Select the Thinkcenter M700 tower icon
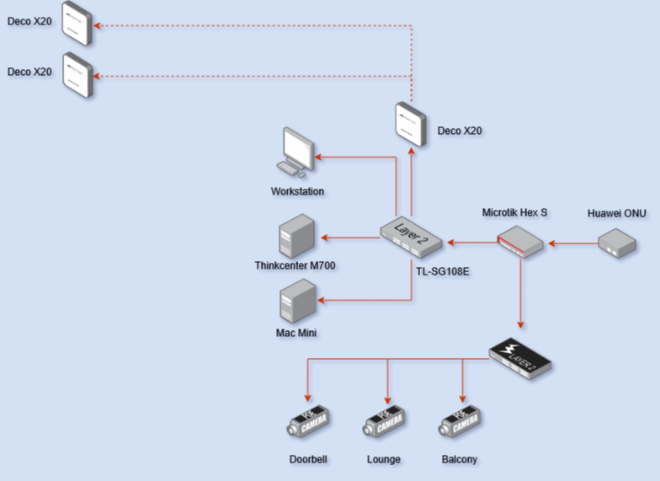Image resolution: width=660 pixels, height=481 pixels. [x=297, y=236]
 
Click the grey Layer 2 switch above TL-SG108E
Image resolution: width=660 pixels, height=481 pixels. [x=411, y=234]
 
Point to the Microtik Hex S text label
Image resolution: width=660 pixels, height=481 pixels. [x=514, y=212]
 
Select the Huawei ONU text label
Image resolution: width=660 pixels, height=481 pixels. [x=617, y=213]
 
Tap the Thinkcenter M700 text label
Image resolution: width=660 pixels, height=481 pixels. [x=294, y=266]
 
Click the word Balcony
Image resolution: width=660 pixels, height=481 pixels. [x=459, y=459]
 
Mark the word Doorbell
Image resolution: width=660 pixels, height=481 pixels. [x=307, y=459]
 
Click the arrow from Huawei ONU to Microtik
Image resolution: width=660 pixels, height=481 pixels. [x=574, y=244]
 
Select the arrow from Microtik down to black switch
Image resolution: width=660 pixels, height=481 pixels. [x=521, y=295]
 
